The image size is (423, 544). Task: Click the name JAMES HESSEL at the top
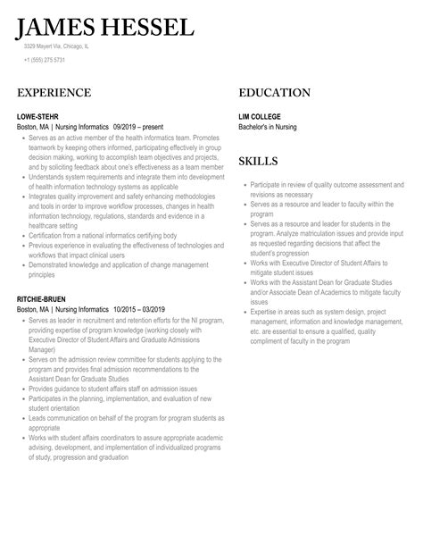click(x=105, y=26)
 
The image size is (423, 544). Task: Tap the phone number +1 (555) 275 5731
click(x=45, y=60)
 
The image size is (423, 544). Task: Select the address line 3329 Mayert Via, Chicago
click(x=56, y=46)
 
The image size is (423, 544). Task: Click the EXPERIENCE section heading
click(x=54, y=93)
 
